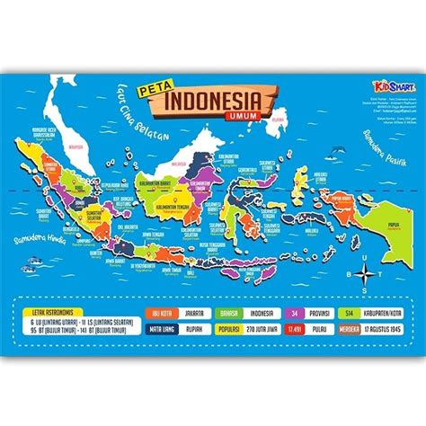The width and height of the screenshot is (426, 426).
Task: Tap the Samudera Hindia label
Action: tap(51, 244)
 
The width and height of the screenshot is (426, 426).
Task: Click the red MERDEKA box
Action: tap(346, 331)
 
